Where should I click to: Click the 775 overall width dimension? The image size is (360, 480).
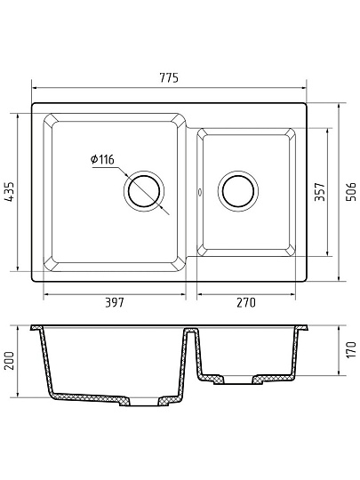tap(169, 77)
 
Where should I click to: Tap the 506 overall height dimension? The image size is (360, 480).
tap(351, 192)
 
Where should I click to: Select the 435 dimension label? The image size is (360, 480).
tap(10, 192)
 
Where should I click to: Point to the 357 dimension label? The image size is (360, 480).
tap(320, 192)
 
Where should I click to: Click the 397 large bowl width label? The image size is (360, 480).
tap(115, 302)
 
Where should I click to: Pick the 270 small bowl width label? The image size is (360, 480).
tap(246, 302)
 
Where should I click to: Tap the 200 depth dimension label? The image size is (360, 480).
tap(10, 361)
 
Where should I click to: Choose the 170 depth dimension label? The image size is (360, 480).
tap(351, 349)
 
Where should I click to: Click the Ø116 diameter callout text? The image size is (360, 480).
tap(102, 159)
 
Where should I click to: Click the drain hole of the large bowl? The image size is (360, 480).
tap(144, 192)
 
